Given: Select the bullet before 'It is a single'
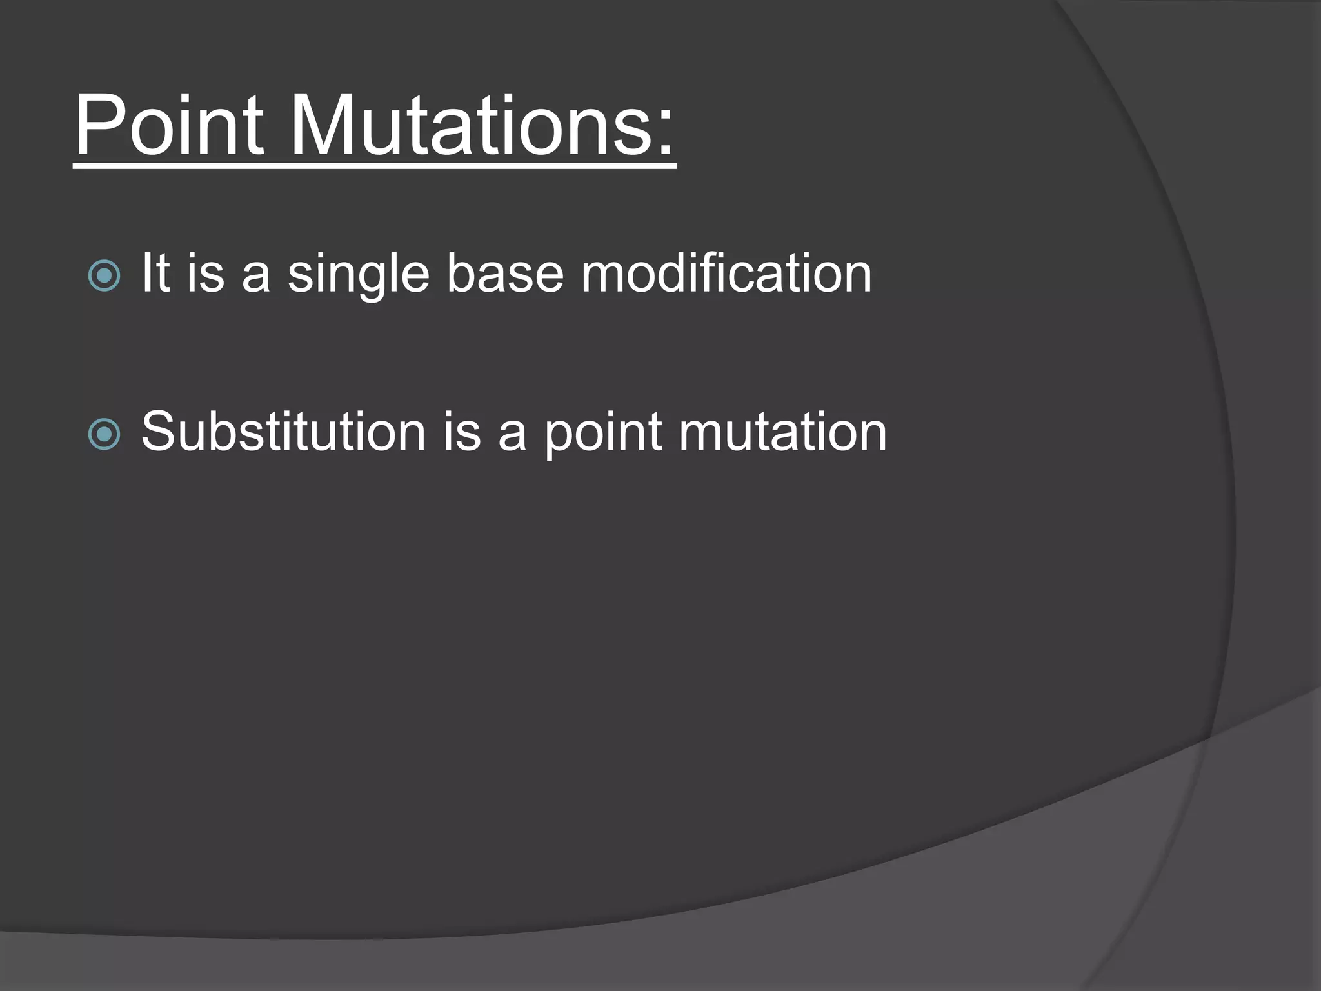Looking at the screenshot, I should [104, 276].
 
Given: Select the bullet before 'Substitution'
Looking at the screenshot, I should [104, 434].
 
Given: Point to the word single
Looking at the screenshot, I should [359, 275].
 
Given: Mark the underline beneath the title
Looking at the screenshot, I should [374, 167].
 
